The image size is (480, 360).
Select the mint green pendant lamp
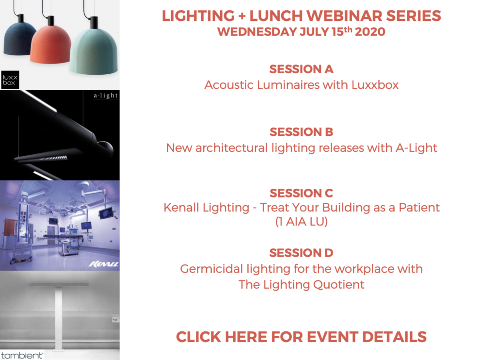(94, 49)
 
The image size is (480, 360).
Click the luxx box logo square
(10, 80)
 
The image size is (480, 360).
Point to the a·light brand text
(106, 96)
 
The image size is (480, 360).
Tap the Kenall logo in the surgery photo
(103, 264)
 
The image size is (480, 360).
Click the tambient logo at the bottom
(22, 355)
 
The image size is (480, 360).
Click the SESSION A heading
(301, 69)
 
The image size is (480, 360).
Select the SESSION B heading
(301, 132)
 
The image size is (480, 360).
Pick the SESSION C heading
(301, 193)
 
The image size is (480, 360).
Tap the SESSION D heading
(301, 253)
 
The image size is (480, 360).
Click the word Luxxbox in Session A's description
(375, 85)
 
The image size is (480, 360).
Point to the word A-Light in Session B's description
(416, 148)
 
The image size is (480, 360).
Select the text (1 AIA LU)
(302, 222)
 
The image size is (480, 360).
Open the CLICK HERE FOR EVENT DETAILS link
(301, 337)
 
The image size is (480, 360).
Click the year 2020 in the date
(370, 32)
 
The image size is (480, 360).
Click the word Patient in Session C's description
(419, 208)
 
